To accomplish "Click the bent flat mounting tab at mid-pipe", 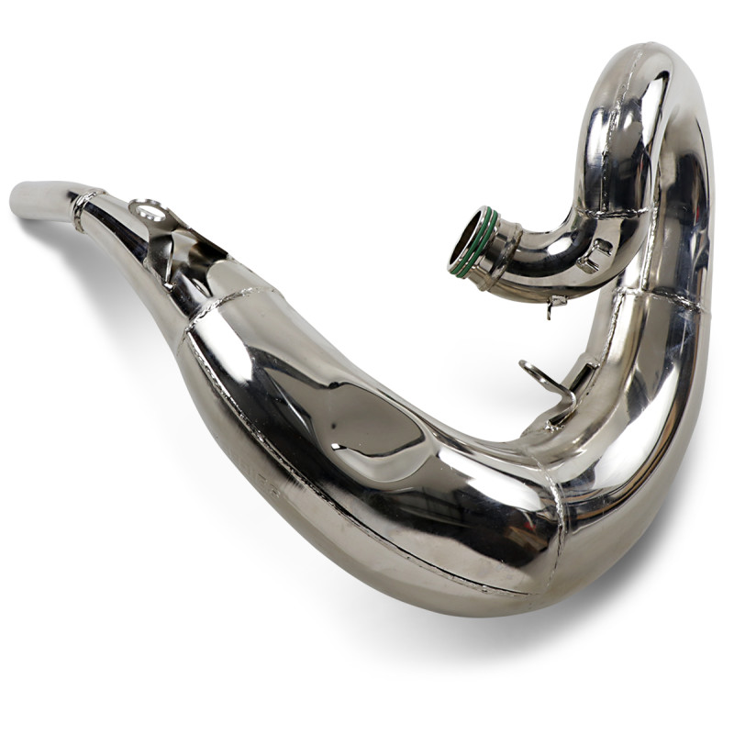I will click(539, 372).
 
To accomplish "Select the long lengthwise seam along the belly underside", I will click(367, 541).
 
